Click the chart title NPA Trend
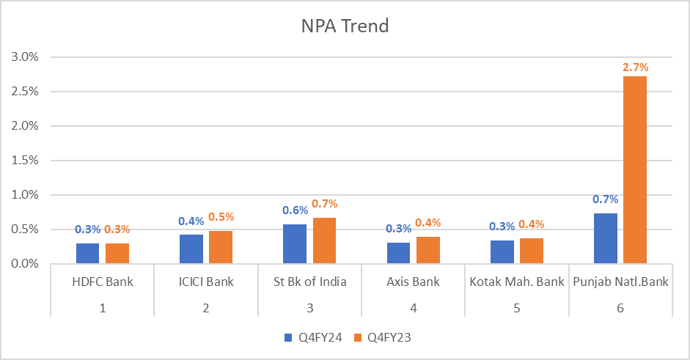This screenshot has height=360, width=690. click(x=345, y=26)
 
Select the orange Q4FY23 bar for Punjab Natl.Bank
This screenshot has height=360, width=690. click(x=635, y=169)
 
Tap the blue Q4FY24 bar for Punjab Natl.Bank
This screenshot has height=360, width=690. click(x=605, y=238)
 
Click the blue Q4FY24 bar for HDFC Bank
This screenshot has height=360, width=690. click(x=87, y=253)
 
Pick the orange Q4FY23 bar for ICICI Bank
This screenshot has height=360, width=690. click(x=220, y=247)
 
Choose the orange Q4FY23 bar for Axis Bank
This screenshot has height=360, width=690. click(x=427, y=250)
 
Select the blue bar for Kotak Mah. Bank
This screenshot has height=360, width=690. click(x=502, y=251)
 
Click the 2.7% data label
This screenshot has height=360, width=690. click(x=635, y=67)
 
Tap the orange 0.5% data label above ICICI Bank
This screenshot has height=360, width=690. click(x=221, y=217)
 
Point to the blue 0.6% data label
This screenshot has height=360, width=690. click(x=295, y=210)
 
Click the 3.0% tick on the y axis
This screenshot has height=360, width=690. click(x=24, y=57)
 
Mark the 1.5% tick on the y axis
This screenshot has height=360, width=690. click(x=24, y=161)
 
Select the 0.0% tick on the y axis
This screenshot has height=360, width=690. click(x=24, y=263)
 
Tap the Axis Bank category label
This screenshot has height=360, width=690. click(x=414, y=282)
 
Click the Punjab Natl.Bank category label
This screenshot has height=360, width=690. click(x=621, y=282)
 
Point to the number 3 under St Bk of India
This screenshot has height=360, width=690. click(x=310, y=308)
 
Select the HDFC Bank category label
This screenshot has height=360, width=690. click(x=103, y=282)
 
